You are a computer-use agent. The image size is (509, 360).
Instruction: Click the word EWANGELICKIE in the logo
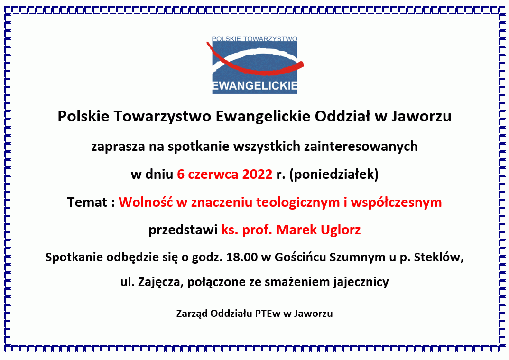coord(255,86)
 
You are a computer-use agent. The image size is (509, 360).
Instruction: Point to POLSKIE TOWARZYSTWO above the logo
coord(254,39)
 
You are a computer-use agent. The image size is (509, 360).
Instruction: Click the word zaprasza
coord(118,147)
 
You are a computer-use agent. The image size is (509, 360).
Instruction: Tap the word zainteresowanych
coord(361,147)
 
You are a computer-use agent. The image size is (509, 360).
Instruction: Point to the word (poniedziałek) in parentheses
coord(333,175)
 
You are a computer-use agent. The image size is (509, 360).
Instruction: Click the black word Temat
coord(87,203)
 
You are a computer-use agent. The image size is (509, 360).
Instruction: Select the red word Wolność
coord(146,202)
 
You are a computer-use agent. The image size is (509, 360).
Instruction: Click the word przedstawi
coord(183,230)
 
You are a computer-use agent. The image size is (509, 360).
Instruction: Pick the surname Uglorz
coord(341,230)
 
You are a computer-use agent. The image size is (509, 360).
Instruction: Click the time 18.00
coord(242,258)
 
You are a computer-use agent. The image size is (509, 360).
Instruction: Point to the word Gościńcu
coord(301,258)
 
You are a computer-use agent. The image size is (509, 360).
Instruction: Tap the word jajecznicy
coord(361,282)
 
